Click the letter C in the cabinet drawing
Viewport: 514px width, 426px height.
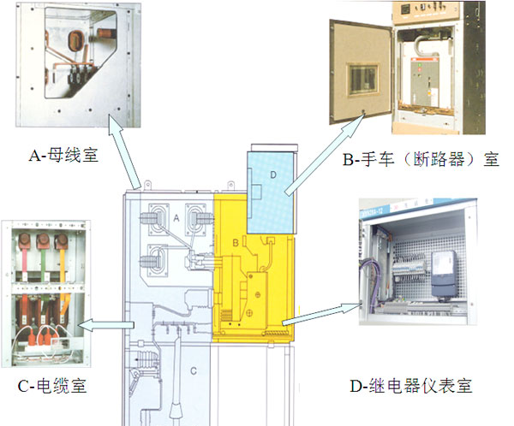click(194, 370)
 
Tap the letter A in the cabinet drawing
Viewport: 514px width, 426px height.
click(176, 219)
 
